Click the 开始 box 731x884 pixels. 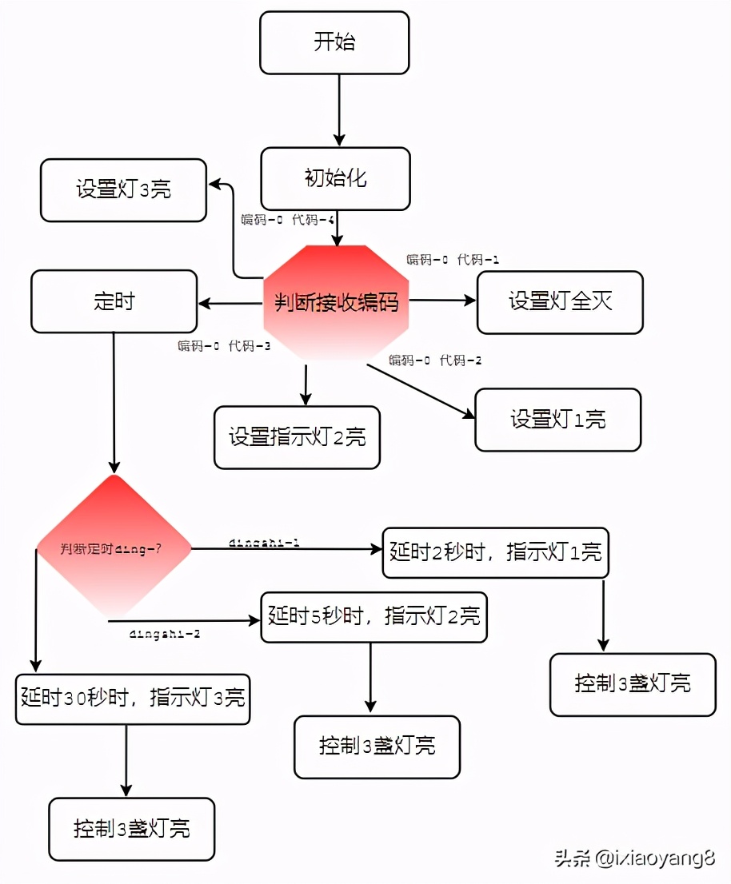[334, 42]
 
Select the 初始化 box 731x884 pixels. [335, 177]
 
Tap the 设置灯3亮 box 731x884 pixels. [124, 189]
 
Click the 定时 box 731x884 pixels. [114, 301]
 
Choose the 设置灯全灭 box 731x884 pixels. [560, 301]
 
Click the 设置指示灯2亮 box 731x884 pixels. [297, 437]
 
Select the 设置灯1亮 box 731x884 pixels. [558, 420]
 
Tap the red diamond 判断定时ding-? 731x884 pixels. [114, 548]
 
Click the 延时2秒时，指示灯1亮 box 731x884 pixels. [495, 552]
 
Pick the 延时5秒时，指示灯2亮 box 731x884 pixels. [374, 616]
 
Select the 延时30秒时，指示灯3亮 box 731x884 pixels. [133, 698]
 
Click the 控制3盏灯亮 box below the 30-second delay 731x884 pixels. [132, 829]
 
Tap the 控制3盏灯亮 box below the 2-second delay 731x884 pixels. [633, 684]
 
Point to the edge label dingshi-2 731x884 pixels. [165, 634]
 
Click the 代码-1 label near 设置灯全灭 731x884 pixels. [477, 260]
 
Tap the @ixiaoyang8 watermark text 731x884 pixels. [653, 860]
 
